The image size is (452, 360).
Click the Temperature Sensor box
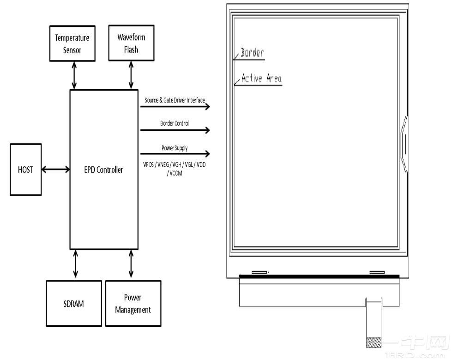point(72,43)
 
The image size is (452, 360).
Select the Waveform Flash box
point(131,43)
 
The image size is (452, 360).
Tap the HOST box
point(25,170)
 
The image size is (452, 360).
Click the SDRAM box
point(73,304)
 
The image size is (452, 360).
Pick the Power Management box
point(133,304)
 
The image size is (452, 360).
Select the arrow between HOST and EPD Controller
point(55,170)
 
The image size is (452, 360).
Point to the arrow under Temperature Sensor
point(74,74)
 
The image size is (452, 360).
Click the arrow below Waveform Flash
point(131,74)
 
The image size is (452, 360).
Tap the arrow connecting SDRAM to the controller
point(76,265)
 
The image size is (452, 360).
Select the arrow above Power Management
point(131,265)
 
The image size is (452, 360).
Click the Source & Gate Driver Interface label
point(175,100)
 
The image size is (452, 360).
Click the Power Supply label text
point(174,148)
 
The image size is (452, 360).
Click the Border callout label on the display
point(252,53)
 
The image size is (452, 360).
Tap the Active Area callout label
point(261,79)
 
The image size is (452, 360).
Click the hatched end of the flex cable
point(374,343)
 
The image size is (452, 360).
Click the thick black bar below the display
point(319,276)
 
